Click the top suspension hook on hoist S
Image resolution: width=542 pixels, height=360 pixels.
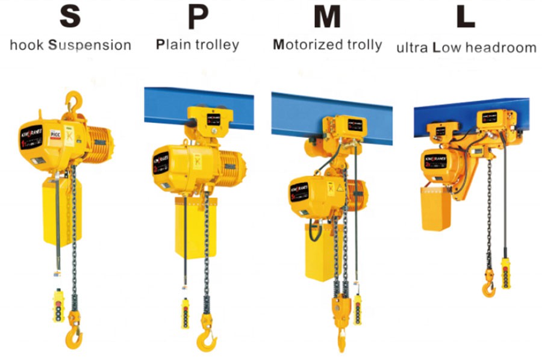73,100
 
